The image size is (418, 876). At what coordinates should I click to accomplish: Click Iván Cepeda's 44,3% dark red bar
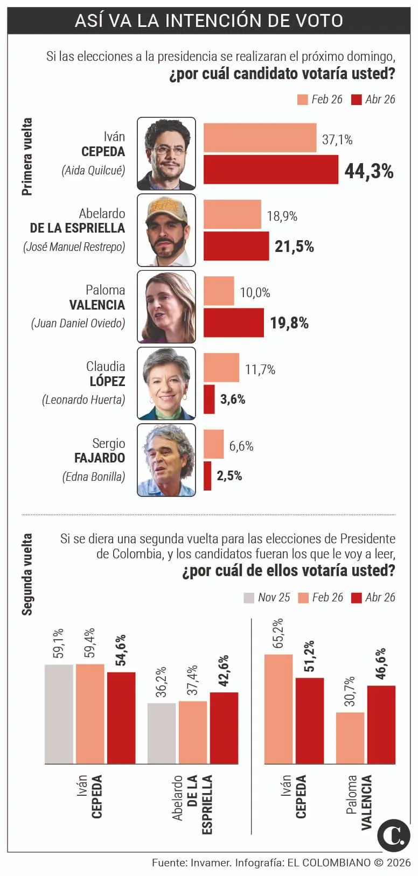click(270, 170)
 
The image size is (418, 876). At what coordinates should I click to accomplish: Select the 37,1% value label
click(337, 140)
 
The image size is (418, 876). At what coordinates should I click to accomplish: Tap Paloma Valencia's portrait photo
click(166, 307)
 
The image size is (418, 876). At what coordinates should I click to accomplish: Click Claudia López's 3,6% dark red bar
click(209, 399)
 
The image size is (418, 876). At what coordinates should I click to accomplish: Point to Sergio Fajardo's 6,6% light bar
click(213, 444)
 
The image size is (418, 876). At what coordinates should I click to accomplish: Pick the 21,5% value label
click(294, 247)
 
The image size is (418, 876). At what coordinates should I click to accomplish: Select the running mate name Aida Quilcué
click(93, 171)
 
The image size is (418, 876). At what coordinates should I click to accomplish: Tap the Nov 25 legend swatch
click(249, 598)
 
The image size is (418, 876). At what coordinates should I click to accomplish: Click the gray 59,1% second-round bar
click(59, 713)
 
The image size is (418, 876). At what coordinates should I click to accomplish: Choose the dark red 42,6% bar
click(224, 727)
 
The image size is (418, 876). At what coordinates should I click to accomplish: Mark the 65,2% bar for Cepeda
click(278, 709)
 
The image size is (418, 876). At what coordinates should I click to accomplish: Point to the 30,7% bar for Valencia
click(350, 738)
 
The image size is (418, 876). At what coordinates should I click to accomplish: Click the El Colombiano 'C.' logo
click(393, 835)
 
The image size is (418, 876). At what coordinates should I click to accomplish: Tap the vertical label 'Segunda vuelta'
click(27, 574)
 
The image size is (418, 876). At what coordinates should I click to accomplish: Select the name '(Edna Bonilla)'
click(94, 477)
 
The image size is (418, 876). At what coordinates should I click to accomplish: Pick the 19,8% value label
click(289, 323)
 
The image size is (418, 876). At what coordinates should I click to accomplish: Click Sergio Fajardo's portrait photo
click(166, 460)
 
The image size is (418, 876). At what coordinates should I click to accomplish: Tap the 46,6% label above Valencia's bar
click(381, 664)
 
